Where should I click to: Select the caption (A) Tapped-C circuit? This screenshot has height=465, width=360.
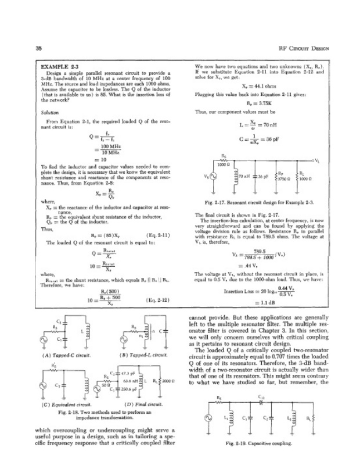click(64, 354)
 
